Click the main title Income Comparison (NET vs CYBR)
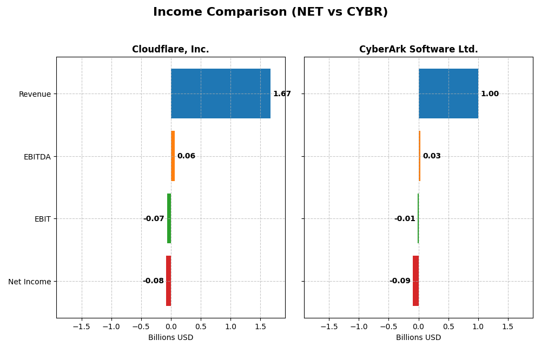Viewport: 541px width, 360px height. click(x=270, y=12)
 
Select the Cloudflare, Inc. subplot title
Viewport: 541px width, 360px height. click(x=170, y=49)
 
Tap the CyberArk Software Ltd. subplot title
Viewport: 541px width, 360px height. click(x=418, y=49)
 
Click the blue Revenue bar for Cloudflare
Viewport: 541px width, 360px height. click(x=220, y=94)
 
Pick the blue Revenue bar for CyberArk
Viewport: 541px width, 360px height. click(x=448, y=94)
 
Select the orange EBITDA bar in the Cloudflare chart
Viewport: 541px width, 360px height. click(x=173, y=156)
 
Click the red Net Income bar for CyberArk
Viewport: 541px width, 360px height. click(x=415, y=281)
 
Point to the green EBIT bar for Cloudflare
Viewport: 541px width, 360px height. click(x=169, y=218)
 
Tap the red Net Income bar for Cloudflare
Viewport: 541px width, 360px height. click(x=168, y=281)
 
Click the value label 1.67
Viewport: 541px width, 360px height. click(x=282, y=94)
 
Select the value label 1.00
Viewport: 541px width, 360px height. click(x=490, y=94)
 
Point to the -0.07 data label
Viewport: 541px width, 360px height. click(x=154, y=219)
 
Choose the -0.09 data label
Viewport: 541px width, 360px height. click(x=400, y=281)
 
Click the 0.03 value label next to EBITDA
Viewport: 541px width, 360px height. click(x=432, y=156)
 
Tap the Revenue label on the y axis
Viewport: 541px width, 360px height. click(x=35, y=94)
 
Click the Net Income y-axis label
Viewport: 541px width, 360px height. click(x=30, y=282)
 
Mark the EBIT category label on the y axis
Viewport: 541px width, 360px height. click(x=42, y=219)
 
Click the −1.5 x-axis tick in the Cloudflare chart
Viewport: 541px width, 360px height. click(x=81, y=327)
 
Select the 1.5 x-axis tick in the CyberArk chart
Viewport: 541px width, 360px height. click(x=507, y=327)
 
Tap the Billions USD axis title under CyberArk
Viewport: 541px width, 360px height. click(x=418, y=338)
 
